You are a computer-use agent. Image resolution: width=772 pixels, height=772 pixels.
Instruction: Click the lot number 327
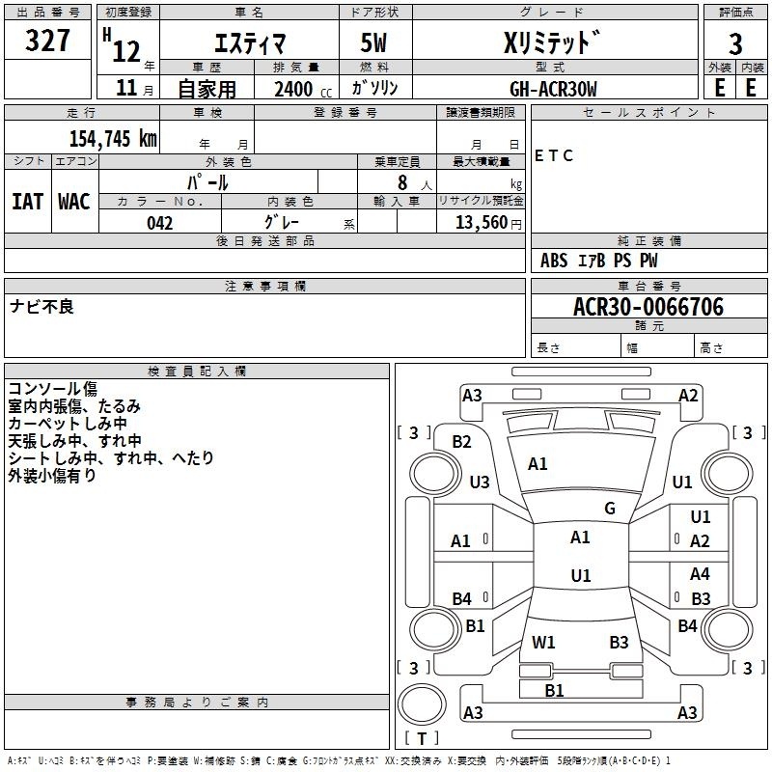point(47,41)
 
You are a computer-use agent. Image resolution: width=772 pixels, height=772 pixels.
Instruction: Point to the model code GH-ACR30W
point(553,88)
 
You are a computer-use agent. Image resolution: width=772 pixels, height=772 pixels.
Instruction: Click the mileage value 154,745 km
point(113,138)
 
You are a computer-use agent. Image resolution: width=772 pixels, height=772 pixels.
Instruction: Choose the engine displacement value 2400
point(293,89)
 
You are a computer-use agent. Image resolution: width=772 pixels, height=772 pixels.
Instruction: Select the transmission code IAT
point(27,201)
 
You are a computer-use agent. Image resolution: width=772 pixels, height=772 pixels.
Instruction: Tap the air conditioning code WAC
point(74,201)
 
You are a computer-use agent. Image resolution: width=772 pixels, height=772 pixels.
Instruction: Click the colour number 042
point(159,223)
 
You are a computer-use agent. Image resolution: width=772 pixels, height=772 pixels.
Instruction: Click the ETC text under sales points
point(554,155)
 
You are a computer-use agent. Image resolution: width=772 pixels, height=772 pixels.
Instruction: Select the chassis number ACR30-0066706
point(648,307)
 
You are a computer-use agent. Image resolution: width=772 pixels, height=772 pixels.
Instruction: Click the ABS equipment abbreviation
point(554,260)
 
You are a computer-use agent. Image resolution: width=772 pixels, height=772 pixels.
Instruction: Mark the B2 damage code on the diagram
point(462,441)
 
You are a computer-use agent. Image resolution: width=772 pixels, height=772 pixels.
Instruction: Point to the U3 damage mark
point(480,482)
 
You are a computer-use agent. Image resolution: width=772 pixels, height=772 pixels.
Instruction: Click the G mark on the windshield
point(610,508)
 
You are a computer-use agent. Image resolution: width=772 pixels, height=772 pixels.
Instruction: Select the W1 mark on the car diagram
point(543,642)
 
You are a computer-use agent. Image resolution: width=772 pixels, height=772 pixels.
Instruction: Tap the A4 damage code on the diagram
point(700,573)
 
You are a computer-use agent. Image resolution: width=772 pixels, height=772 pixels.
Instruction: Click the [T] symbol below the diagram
point(421,738)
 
